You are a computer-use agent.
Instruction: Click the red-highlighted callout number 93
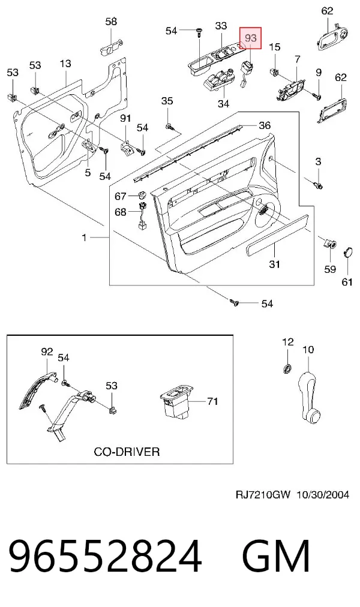pyautogui.click(x=251, y=38)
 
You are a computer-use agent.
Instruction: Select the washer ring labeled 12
pyautogui.click(x=287, y=368)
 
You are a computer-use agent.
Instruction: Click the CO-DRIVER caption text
pyautogui.click(x=127, y=452)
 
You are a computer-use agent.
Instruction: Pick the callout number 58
pyautogui.click(x=111, y=21)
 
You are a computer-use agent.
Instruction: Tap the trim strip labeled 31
pyautogui.click(x=277, y=235)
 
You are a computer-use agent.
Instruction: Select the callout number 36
pyautogui.click(x=265, y=125)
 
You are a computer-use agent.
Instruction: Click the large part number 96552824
pyautogui.click(x=105, y=555)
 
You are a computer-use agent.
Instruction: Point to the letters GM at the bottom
pyautogui.click(x=276, y=555)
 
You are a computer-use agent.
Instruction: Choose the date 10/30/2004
pyautogui.click(x=323, y=494)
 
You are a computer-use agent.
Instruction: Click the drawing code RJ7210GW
pyautogui.click(x=262, y=494)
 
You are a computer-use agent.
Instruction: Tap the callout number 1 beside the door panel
pyautogui.click(x=85, y=238)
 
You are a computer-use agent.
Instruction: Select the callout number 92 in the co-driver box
pyautogui.click(x=47, y=351)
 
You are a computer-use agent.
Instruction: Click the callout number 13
pyautogui.click(x=65, y=63)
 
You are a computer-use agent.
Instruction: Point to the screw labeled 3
pyautogui.click(x=319, y=185)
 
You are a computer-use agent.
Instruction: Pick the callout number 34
pyautogui.click(x=223, y=103)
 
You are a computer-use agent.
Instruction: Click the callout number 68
pyautogui.click(x=121, y=212)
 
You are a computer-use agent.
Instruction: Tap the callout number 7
pyautogui.click(x=297, y=60)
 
